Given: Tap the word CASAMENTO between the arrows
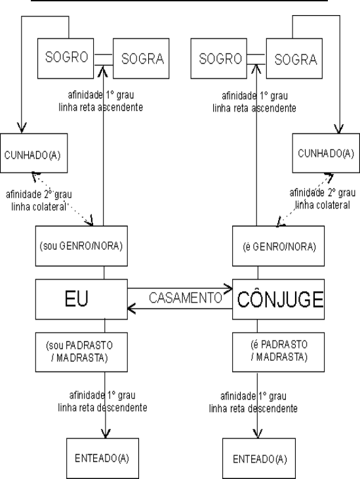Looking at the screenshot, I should [185, 297].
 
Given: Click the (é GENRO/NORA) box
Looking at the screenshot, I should [281, 247].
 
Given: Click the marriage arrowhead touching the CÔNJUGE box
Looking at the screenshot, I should [230, 287].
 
